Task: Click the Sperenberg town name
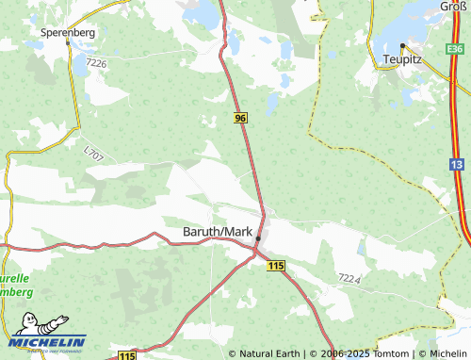click(x=69, y=31)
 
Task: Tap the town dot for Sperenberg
click(x=69, y=42)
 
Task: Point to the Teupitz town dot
click(x=402, y=45)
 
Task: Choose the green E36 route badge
click(x=456, y=48)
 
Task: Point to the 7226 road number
click(x=96, y=63)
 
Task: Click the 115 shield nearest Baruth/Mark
click(x=275, y=268)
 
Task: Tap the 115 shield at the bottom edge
click(x=127, y=354)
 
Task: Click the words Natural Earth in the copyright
click(x=269, y=353)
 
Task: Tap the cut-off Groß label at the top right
click(x=454, y=6)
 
